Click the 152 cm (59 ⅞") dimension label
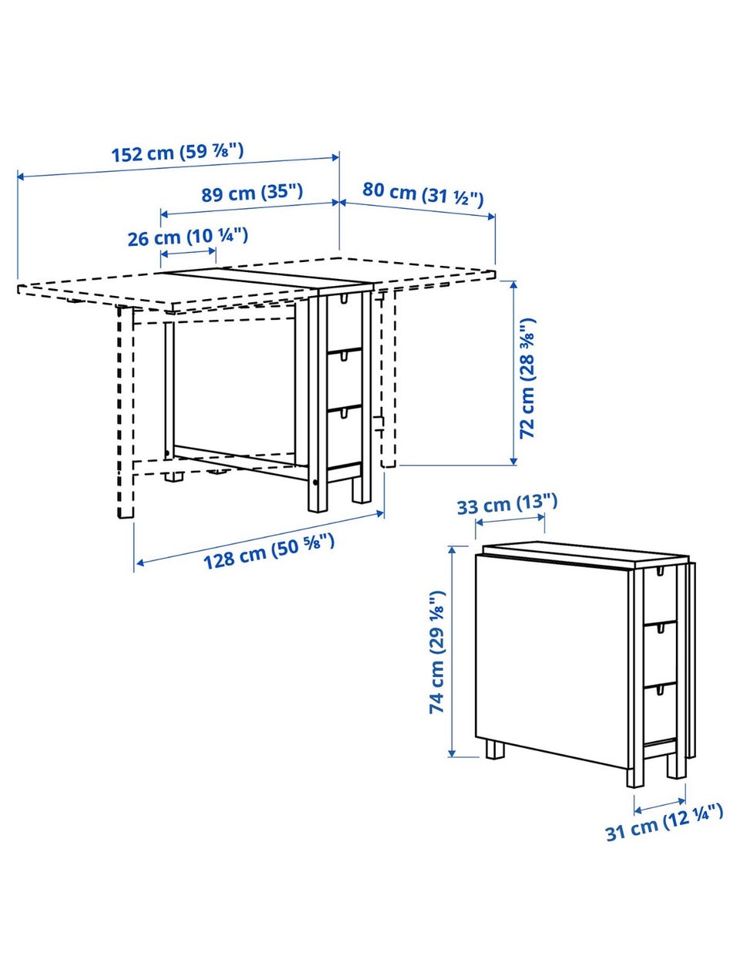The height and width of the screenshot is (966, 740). (x=177, y=152)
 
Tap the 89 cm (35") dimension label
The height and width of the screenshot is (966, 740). (x=252, y=193)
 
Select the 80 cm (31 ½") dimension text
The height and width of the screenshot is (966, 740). (x=422, y=195)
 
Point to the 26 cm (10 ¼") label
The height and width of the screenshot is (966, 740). (x=187, y=237)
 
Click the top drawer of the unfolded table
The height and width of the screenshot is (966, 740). (x=344, y=321)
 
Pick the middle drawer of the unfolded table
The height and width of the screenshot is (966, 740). (x=344, y=379)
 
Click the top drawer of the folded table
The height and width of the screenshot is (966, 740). (x=660, y=595)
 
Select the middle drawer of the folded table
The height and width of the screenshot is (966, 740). (x=660, y=653)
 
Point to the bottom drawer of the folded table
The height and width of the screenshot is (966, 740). (x=660, y=713)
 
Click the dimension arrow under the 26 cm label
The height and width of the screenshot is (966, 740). (x=188, y=253)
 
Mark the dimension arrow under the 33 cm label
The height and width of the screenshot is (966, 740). (x=510, y=520)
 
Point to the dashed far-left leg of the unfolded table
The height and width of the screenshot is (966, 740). (x=126, y=412)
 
